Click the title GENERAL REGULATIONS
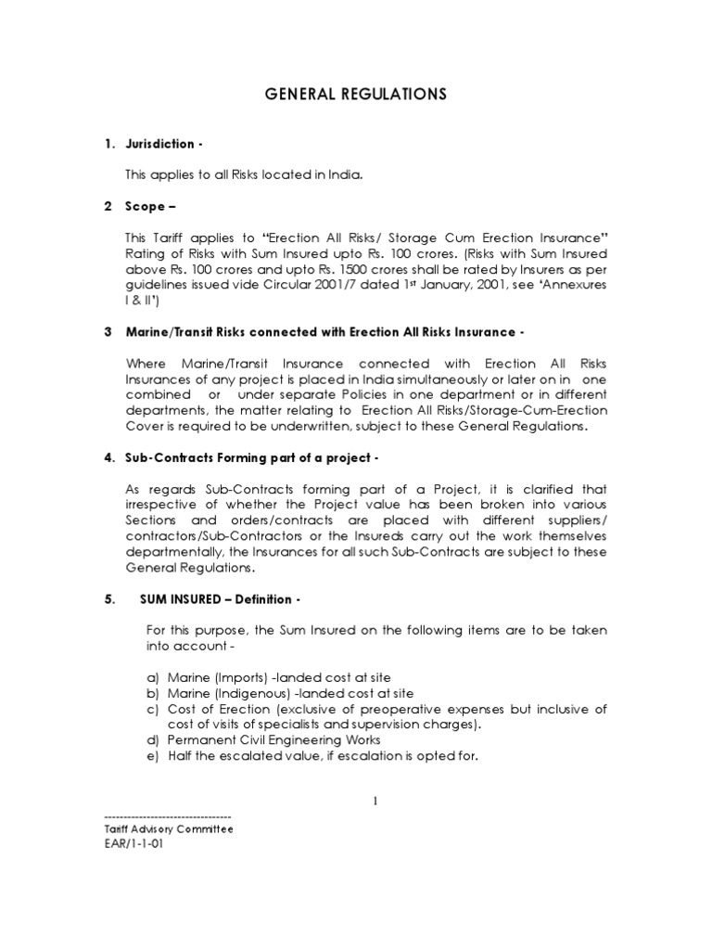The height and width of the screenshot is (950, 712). point(355,94)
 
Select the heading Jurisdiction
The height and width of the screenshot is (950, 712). point(159,144)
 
